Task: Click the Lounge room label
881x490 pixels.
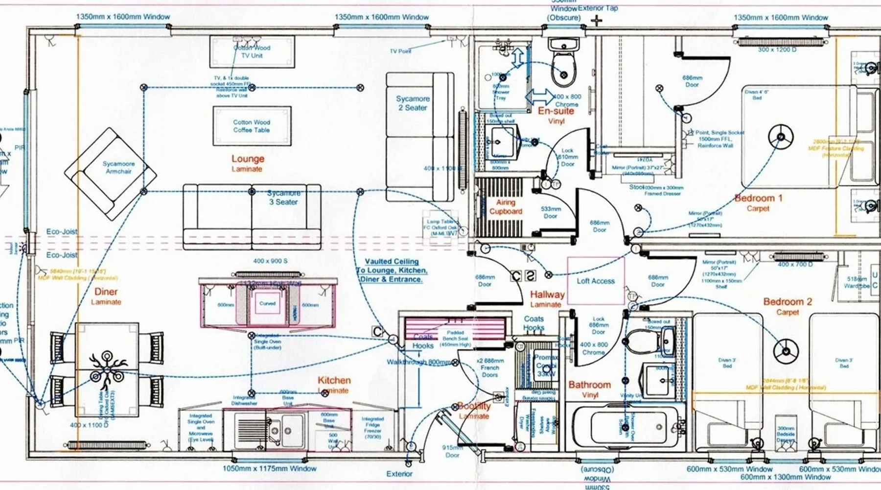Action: click(248, 159)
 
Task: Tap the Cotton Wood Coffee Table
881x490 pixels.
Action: click(252, 126)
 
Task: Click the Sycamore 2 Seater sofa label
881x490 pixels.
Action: click(413, 103)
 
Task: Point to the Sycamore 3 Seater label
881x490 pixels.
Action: click(284, 197)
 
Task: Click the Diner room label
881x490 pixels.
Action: click(106, 292)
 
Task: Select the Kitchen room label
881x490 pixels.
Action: click(334, 380)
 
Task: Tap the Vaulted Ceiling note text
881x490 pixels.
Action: click(392, 270)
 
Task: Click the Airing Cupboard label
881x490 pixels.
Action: click(506, 207)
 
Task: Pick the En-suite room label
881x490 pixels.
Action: click(556, 111)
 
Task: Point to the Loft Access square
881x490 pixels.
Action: click(596, 281)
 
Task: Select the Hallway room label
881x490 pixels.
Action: click(547, 294)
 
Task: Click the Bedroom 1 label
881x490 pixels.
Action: click(758, 198)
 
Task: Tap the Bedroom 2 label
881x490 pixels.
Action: click(787, 302)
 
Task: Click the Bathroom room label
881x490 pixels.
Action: click(589, 385)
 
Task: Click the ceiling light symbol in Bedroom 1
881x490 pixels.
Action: click(780, 136)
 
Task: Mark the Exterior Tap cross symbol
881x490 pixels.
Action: click(597, 21)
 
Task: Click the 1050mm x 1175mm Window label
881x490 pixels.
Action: click(269, 468)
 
